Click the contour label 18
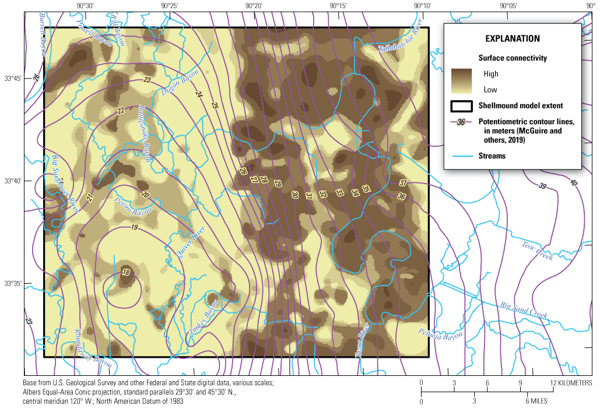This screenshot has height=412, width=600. (x=126, y=272)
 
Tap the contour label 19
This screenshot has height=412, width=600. (x=134, y=227)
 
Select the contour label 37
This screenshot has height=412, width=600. (x=403, y=183)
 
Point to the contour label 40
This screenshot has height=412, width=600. (x=573, y=183)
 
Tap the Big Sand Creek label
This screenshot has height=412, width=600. (x=524, y=309)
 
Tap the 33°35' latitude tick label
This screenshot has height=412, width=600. (x=12, y=284)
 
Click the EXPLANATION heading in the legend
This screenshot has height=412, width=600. (x=513, y=38)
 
